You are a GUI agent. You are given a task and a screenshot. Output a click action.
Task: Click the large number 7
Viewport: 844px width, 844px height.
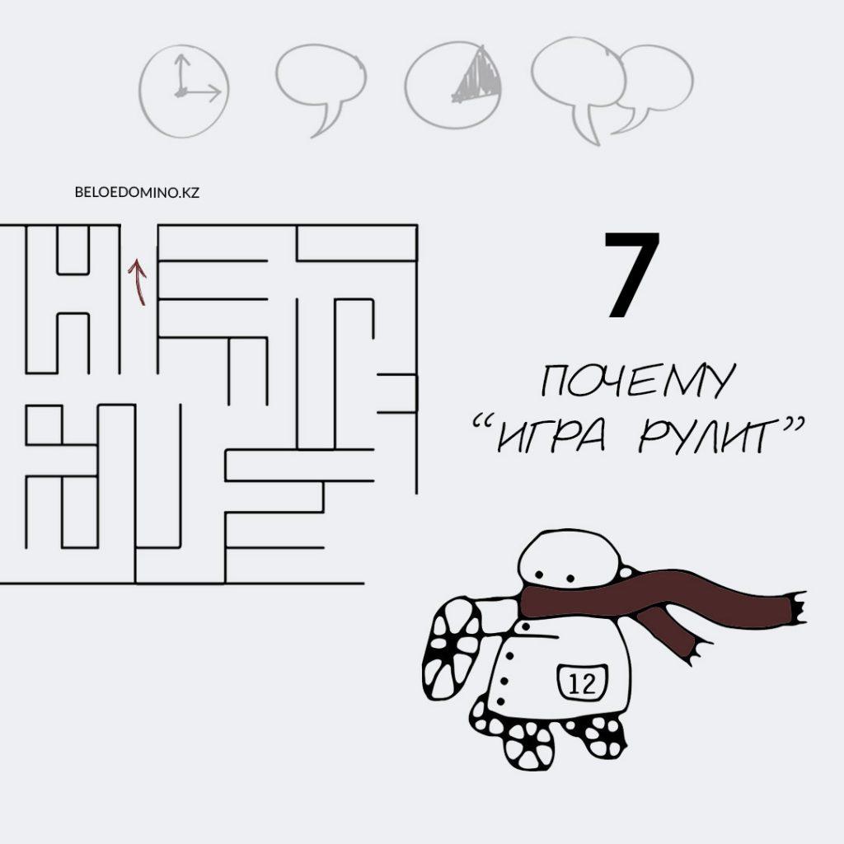pyautogui.click(x=632, y=274)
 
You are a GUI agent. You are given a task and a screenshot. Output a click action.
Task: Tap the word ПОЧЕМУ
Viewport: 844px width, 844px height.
pyautogui.click(x=638, y=380)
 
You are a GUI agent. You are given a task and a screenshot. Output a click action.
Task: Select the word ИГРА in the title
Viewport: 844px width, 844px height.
pyautogui.click(x=551, y=435)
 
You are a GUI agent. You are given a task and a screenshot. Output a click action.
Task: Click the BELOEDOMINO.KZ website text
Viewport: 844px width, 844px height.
pyautogui.click(x=137, y=192)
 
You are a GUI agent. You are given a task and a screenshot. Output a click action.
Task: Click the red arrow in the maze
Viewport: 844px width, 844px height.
pyautogui.click(x=138, y=282)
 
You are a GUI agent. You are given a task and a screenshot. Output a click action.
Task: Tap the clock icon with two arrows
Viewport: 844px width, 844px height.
pyautogui.click(x=184, y=91)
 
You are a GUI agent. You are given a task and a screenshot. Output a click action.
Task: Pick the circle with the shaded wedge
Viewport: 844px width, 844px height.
pyautogui.click(x=453, y=85)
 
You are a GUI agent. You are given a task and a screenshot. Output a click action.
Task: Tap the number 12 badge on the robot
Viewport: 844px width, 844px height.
pyautogui.click(x=582, y=682)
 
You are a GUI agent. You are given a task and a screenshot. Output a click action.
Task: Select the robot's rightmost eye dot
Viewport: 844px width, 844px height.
pyautogui.click(x=570, y=579)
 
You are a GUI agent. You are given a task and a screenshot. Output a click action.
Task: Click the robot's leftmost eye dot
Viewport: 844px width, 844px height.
pyautogui.click(x=537, y=574)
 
